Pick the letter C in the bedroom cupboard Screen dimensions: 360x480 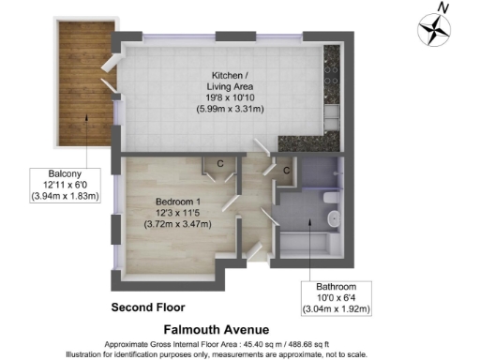coord(218,164)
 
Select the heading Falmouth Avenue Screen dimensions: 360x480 coord(216,330)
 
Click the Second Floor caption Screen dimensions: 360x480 coord(148,307)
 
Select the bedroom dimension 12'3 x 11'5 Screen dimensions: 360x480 coord(177,215)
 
